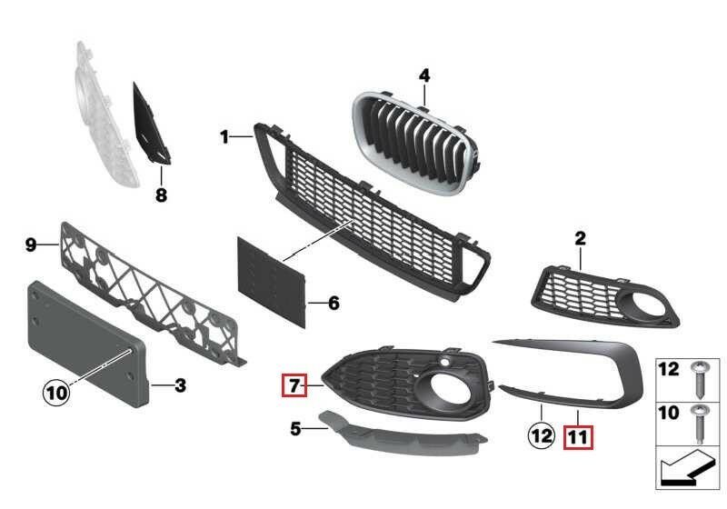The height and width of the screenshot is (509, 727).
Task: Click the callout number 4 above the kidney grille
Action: point(424,75)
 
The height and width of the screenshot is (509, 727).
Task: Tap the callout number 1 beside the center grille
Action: point(224,136)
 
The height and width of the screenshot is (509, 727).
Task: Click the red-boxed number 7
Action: point(294,385)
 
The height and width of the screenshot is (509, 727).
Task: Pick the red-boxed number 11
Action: point(578,436)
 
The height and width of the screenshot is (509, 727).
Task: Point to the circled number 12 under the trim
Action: point(542,435)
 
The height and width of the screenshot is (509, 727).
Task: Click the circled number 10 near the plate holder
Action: point(56,393)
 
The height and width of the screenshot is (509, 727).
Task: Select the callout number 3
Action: point(180,385)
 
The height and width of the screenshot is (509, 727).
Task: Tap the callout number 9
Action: point(31,245)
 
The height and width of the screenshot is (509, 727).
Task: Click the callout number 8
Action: point(161,195)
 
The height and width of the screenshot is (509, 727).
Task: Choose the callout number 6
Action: point(334,304)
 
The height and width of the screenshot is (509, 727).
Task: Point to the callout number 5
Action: point(295,429)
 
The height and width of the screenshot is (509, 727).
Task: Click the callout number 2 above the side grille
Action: point(580,238)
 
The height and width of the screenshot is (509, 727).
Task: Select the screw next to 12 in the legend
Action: point(699,380)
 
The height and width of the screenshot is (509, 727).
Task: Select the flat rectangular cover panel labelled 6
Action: point(272,282)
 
